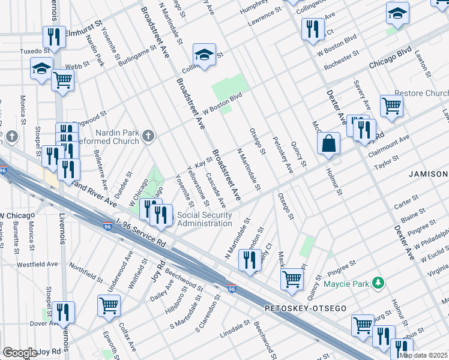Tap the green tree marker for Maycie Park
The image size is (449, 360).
tap(378, 282)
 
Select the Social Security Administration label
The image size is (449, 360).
tap(204, 220)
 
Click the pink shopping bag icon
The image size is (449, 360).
tap(329, 144)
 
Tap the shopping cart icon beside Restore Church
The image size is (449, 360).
tap(391, 106)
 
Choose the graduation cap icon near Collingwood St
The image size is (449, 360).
tap(204, 55)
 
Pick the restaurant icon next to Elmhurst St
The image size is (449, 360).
tap(54, 37)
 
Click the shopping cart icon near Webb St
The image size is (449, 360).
tap(62, 80)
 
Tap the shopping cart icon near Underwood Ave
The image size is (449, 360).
tap(109, 305)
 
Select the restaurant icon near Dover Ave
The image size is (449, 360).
tap(62, 312)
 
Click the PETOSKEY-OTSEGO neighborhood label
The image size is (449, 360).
tap(306, 308)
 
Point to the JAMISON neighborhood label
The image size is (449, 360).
tap(429, 174)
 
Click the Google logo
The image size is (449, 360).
tap(20, 353)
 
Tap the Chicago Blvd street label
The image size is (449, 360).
tap(393, 63)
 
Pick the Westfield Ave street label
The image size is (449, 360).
tap(37, 264)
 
